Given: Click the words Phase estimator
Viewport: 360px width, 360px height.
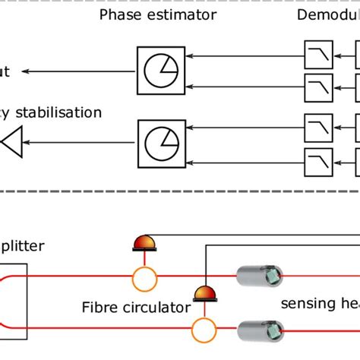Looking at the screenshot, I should pyautogui.click(x=158, y=14).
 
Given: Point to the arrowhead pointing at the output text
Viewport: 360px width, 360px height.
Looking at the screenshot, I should pyautogui.click(x=25, y=71).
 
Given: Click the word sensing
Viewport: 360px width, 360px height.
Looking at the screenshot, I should pyautogui.click(x=305, y=304).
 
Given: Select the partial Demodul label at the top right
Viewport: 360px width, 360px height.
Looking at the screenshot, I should pyautogui.click(x=328, y=14).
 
